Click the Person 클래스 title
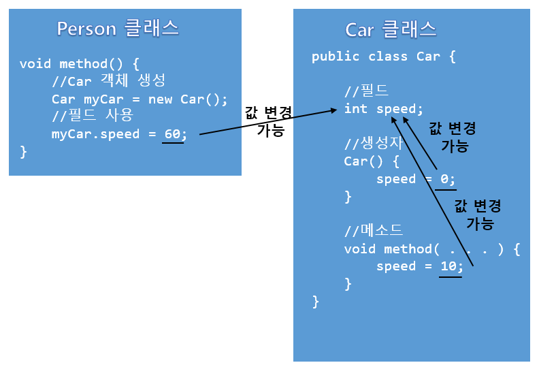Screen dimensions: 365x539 tap(118, 28)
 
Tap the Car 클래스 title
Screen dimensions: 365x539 tap(391, 29)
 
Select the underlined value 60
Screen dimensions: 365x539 tap(173, 133)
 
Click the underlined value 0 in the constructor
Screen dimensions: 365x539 tap(445, 178)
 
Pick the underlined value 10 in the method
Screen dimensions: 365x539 tap(449, 266)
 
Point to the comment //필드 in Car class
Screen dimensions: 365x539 tap(366, 91)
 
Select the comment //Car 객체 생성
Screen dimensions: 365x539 tap(108, 81)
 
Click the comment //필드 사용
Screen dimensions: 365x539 tap(92, 116)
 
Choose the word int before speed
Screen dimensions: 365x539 tap(356, 108)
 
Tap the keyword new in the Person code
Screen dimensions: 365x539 tap(161, 99)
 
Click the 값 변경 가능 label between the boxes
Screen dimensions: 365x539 tap(269, 121)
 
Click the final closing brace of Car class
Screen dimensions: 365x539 tap(315, 300)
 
